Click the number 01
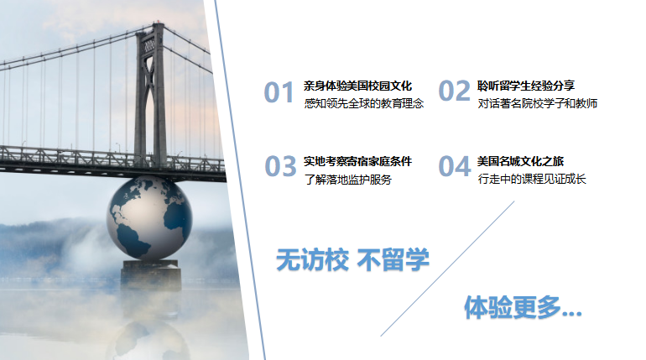[x=279, y=91]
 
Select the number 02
[x=454, y=91]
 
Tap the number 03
[x=280, y=166]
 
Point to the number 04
[x=455, y=166]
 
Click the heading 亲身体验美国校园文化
[x=357, y=86]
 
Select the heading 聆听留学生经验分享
[x=526, y=86]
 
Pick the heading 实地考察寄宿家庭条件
[x=357, y=161]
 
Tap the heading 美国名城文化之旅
[x=520, y=161]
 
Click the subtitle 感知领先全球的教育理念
[x=364, y=103]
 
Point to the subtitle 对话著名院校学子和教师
[x=538, y=103]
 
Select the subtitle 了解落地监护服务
[x=347, y=180]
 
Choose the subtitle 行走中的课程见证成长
[x=532, y=179]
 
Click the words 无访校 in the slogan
[x=312, y=259]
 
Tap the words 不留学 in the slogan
[x=393, y=259]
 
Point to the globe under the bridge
[x=149, y=218]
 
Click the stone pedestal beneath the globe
[x=151, y=275]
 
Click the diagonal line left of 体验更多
[x=447, y=269]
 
